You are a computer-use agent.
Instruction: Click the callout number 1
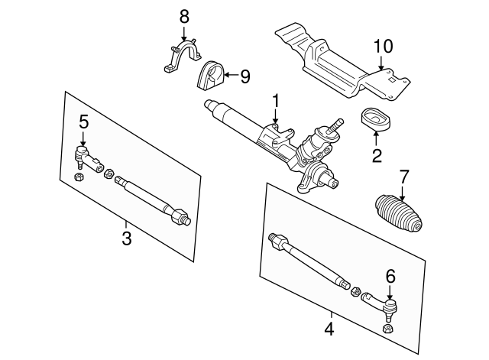click(276, 99)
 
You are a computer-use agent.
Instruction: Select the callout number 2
click(375, 157)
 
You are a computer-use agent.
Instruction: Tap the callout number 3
click(127, 238)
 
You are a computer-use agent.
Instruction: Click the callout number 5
click(83, 121)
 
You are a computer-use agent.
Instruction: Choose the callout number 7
click(404, 176)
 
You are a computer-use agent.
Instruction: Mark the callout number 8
click(183, 15)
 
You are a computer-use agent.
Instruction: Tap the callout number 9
click(244, 76)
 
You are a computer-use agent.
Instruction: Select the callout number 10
click(383, 46)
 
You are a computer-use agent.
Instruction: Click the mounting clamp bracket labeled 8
click(180, 57)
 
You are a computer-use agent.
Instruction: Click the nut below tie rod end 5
click(79, 179)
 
